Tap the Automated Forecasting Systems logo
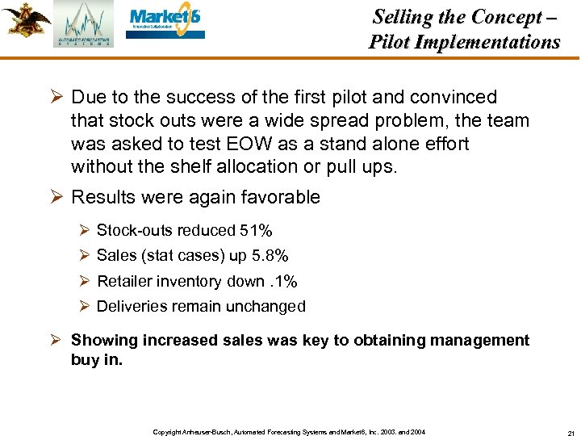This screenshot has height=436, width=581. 84,24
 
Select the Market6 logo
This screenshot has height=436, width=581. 165,23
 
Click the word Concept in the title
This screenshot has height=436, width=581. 505,17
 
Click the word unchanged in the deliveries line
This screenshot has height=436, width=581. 268,307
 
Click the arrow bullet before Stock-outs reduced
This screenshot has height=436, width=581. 86,231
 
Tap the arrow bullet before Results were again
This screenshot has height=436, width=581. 57,197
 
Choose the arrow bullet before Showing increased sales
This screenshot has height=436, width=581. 57,341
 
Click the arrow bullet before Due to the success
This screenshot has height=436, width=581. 57,97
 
